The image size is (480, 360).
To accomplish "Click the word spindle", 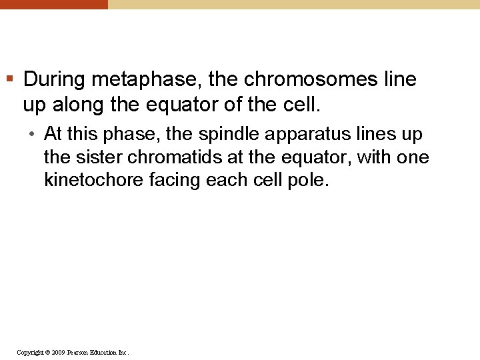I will coord(227,134).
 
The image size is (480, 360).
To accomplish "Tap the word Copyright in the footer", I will coord(31,352).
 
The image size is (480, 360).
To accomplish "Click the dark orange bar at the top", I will coord(53,4).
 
